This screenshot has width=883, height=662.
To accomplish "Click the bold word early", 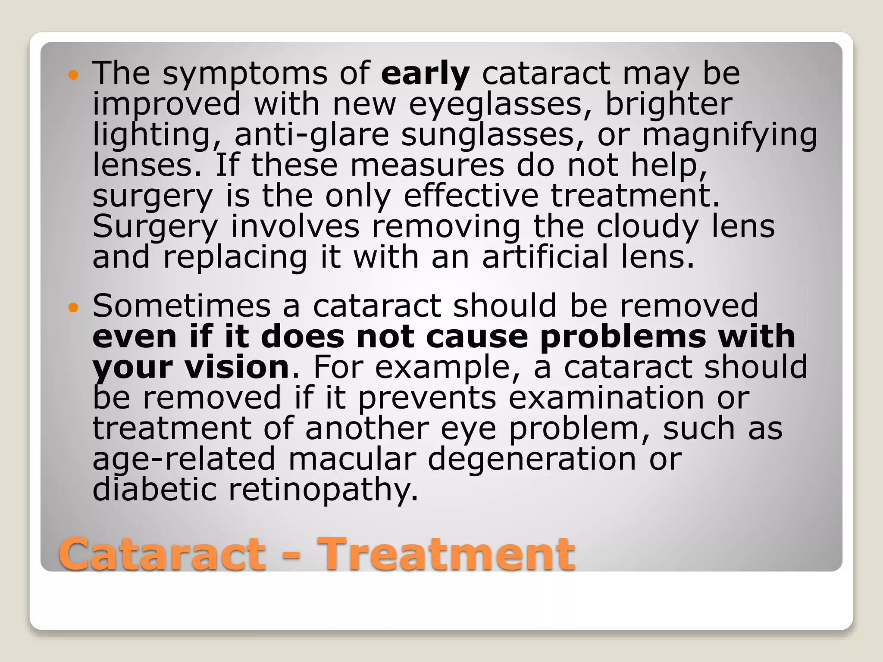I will click(425, 74).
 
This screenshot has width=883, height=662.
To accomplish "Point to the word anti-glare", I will click(311, 135).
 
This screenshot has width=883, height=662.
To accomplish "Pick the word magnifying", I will click(730, 135).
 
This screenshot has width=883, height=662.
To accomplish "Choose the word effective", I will click(471, 196).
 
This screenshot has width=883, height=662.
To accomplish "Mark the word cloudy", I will click(647, 227).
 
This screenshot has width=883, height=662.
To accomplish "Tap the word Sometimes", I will click(182, 306).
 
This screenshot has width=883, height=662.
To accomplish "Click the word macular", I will click(352, 459).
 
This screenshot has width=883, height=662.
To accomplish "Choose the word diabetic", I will click(154, 490).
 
